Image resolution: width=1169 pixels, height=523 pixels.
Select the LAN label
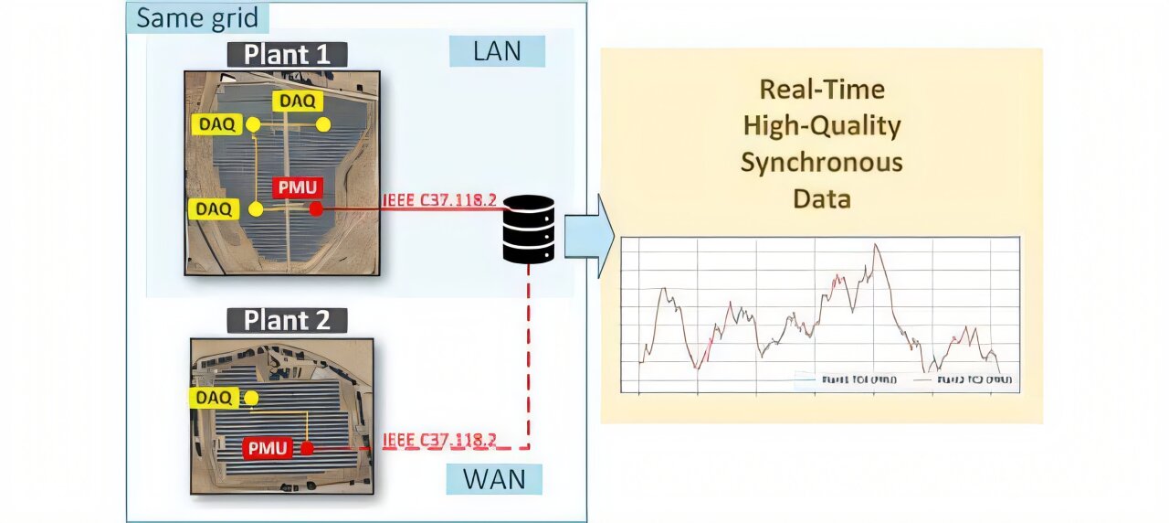pos(497,51)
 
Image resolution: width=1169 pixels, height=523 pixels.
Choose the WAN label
pos(494,479)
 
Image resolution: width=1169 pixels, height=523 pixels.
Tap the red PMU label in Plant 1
pos(297,189)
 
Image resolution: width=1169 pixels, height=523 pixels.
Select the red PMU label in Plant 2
pos(267,448)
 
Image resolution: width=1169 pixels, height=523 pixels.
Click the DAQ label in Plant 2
pos(215,398)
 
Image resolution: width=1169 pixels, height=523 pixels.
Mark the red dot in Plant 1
pos(316,209)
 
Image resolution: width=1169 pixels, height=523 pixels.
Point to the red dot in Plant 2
pos(308,448)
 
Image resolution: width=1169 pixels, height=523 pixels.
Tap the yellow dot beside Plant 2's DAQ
pos(253,398)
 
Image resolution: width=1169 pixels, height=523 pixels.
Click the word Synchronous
pos(821,162)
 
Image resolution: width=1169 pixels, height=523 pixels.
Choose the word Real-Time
pos(822,89)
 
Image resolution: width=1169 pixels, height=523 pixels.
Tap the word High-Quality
pos(822,125)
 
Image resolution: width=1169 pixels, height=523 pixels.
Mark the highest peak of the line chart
pos(876,244)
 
